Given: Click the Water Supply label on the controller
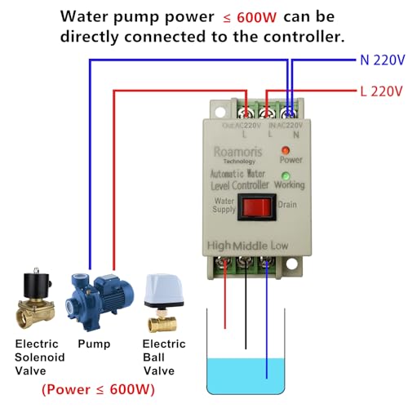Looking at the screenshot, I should point(224,205).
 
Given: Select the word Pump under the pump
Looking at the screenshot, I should point(94,344).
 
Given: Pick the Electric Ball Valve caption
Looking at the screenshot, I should point(164,357).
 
